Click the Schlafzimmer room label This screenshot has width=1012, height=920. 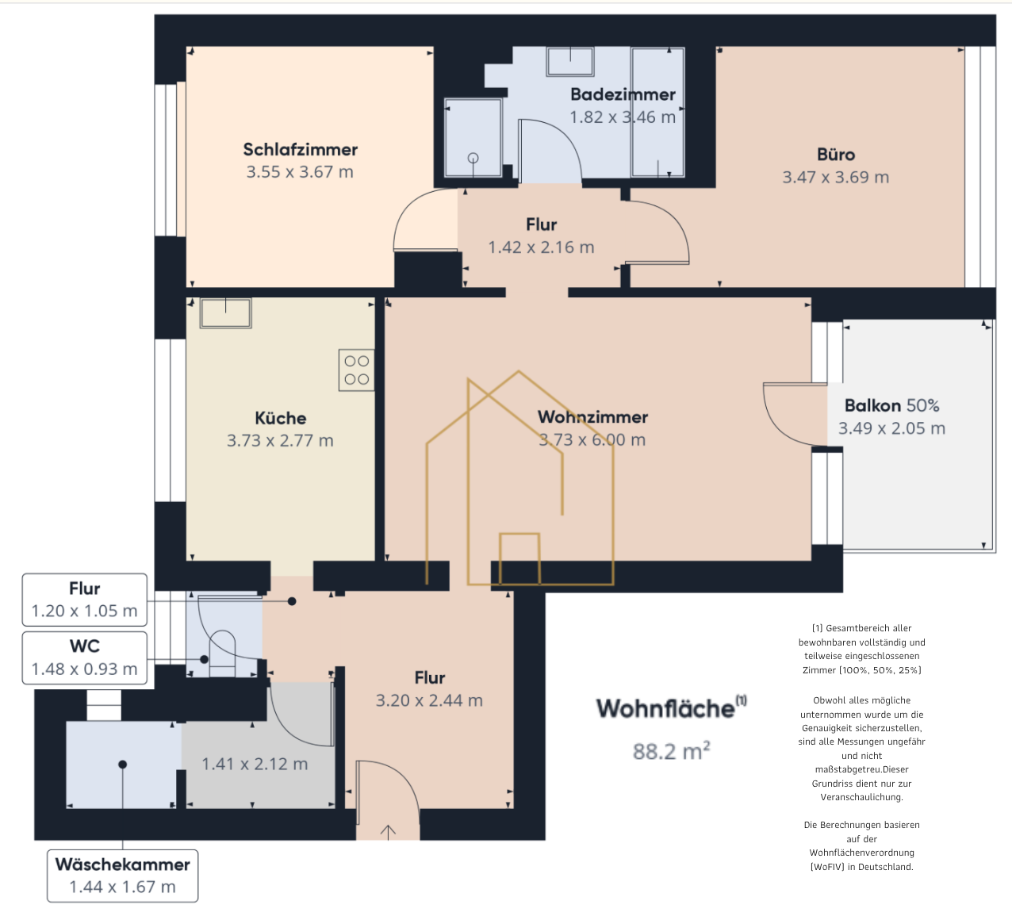300,149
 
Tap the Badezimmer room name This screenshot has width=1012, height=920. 623,94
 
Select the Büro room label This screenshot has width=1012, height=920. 836,155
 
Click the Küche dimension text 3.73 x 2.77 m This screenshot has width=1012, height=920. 280,441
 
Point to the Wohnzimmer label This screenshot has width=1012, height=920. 592,417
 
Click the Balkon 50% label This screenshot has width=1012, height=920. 892,405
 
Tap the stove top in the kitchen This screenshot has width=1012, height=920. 357,370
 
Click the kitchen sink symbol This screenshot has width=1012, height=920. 225,313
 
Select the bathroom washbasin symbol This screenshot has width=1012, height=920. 570,62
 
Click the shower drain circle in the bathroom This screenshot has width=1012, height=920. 473,158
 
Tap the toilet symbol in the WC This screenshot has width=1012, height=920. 222,654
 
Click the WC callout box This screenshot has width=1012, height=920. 85,658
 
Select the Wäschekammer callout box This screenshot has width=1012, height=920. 123,876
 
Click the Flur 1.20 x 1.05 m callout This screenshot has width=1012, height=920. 85,600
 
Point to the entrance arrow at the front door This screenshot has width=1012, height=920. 388,832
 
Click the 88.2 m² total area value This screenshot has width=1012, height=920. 672,751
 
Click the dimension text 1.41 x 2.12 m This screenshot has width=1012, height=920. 255,764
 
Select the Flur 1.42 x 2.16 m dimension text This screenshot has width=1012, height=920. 542,247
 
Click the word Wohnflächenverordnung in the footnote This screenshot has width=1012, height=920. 861,853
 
